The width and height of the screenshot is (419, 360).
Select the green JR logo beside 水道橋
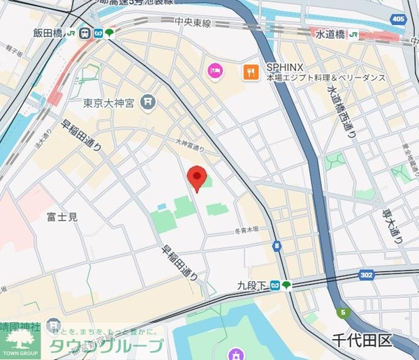pos(355,33)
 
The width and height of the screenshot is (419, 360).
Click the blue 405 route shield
pos(399,18)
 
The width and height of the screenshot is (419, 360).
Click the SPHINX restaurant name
pos(284,67)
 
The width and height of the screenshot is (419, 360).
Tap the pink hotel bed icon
pos(214,70)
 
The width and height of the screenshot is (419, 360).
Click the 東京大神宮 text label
pos(108,103)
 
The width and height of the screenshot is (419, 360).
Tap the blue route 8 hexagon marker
pos(277,246)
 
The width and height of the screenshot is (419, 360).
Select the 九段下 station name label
pos(251,284)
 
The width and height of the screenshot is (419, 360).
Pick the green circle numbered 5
pos(342,313)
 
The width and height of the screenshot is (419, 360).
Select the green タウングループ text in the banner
pos(105,345)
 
